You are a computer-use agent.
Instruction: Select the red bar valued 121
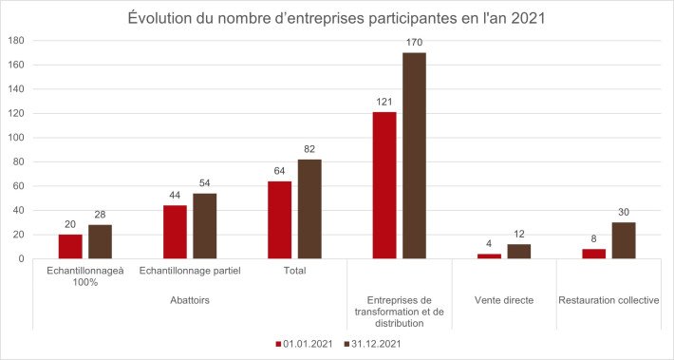click(x=384, y=185)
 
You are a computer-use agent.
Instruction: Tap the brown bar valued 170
click(x=414, y=156)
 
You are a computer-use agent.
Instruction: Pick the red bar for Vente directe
click(x=489, y=256)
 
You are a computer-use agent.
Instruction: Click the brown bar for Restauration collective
click(x=624, y=240)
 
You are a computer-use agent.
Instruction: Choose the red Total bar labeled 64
click(x=280, y=219)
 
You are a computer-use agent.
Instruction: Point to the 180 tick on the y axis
click(x=15, y=41)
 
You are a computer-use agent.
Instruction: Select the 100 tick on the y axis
click(x=15, y=138)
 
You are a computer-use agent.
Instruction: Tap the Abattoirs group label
click(x=189, y=299)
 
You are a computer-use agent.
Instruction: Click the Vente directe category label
click(x=504, y=300)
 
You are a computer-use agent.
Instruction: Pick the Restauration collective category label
click(x=608, y=300)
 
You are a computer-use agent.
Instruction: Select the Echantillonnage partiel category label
click(x=190, y=271)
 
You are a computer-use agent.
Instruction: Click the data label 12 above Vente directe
click(x=518, y=235)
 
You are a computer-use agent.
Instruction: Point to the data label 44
click(x=175, y=196)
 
